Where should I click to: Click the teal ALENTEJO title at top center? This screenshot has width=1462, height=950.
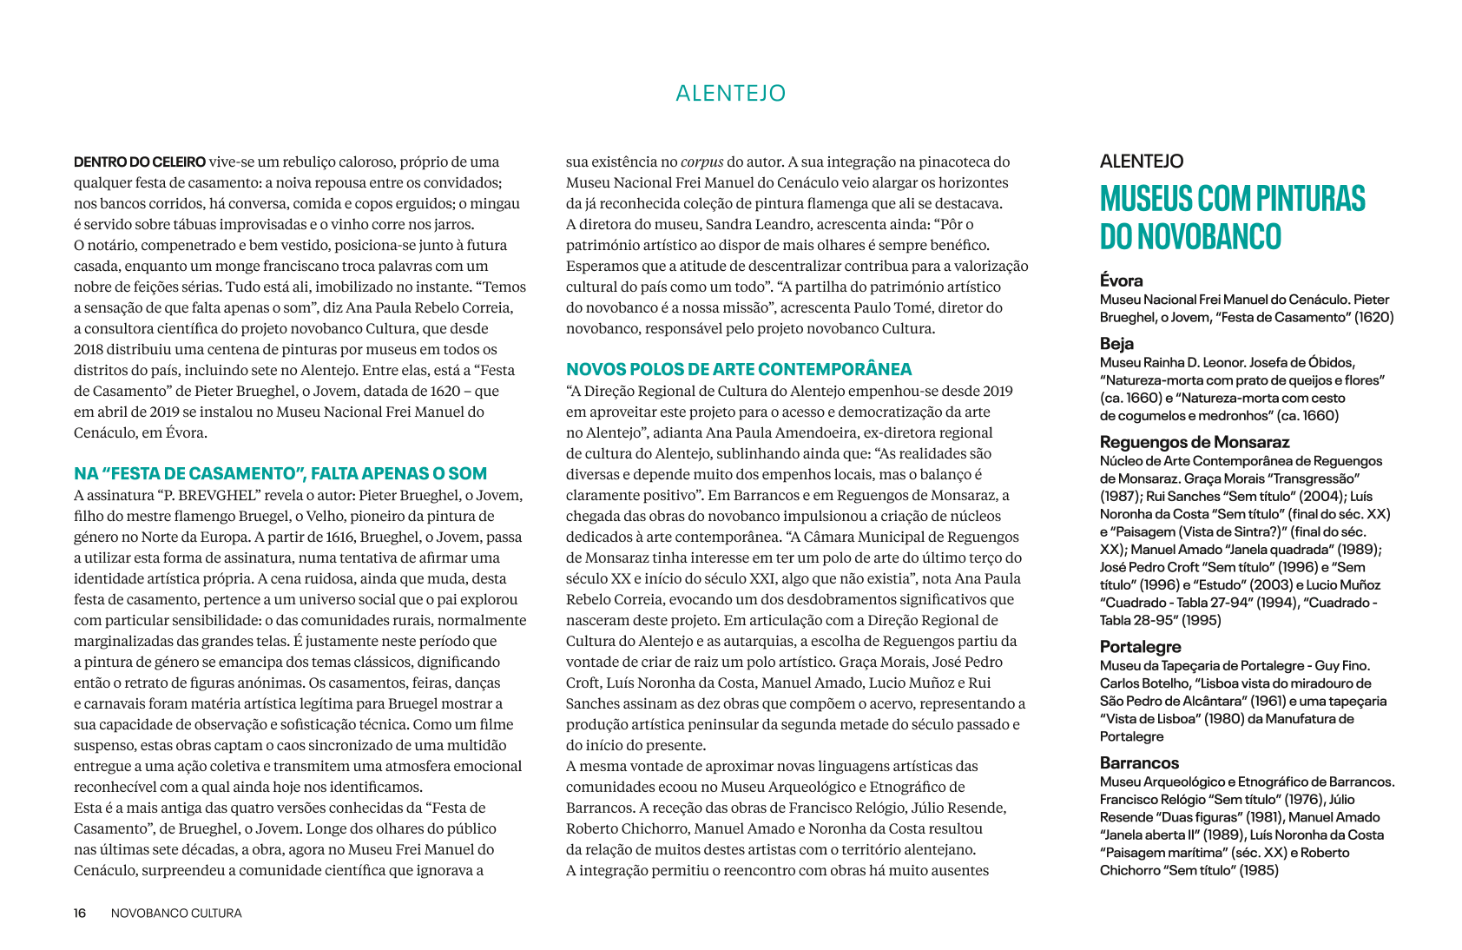pyautogui.click(x=730, y=93)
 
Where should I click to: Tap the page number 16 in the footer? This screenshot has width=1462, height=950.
pyautogui.click(x=80, y=914)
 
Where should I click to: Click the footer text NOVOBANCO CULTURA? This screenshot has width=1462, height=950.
pyautogui.click(x=176, y=914)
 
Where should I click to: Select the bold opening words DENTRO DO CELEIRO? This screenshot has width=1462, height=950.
pyautogui.click(x=139, y=162)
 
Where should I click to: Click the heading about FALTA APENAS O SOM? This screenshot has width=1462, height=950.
pyautogui.click(x=280, y=473)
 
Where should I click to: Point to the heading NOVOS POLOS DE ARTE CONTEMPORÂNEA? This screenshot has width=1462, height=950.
pyautogui.click(x=739, y=369)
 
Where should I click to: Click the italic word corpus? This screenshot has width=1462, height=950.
pyautogui.click(x=701, y=162)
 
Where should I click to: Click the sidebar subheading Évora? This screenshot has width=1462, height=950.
pyautogui.click(x=1121, y=280)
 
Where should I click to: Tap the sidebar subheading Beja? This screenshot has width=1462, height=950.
pyautogui.click(x=1116, y=343)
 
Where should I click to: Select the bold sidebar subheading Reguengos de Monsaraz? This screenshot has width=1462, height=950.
pyautogui.click(x=1195, y=442)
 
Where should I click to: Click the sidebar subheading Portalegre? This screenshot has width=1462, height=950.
pyautogui.click(x=1140, y=647)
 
